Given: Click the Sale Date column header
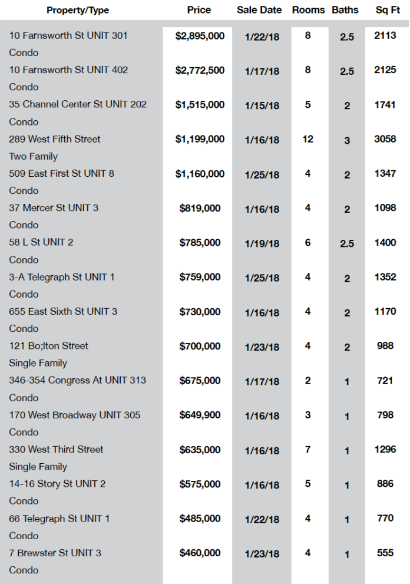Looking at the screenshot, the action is pyautogui.click(x=259, y=10).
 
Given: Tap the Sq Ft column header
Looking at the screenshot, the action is pyautogui.click(x=388, y=10).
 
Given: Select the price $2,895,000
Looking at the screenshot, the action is pyautogui.click(x=200, y=36).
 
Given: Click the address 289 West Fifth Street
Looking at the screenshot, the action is pyautogui.click(x=55, y=139).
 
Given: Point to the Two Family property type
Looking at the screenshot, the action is pyautogui.click(x=34, y=156).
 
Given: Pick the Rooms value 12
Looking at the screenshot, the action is pyautogui.click(x=308, y=139).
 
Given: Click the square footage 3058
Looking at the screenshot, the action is pyautogui.click(x=385, y=139).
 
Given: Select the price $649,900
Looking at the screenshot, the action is pyautogui.click(x=200, y=415).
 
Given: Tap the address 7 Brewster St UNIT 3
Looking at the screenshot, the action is pyautogui.click(x=55, y=553).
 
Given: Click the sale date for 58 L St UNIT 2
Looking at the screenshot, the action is pyautogui.click(x=262, y=243).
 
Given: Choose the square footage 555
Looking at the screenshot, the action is pyautogui.click(x=385, y=553).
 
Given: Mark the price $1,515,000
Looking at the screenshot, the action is pyautogui.click(x=200, y=105).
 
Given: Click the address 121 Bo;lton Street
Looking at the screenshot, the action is pyautogui.click(x=48, y=346).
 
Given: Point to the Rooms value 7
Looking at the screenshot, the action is pyautogui.click(x=307, y=450).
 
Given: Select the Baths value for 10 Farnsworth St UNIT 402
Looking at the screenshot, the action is pyautogui.click(x=347, y=71).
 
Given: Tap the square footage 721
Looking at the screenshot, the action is pyautogui.click(x=385, y=381).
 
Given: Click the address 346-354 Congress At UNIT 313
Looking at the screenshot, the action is pyautogui.click(x=77, y=380).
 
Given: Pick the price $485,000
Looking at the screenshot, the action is pyautogui.click(x=200, y=519).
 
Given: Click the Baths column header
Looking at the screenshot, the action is pyautogui.click(x=345, y=10).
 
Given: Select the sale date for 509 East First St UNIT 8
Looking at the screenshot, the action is pyautogui.click(x=262, y=174).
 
